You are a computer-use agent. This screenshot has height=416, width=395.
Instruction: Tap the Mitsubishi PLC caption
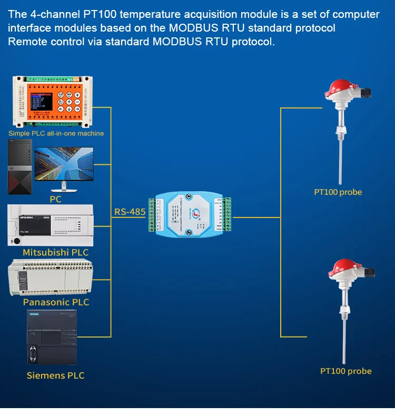pyautogui.click(x=55, y=252)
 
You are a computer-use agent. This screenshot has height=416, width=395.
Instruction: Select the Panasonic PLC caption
pyautogui.click(x=56, y=302)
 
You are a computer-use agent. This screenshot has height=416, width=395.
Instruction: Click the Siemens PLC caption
pyautogui.click(x=55, y=375)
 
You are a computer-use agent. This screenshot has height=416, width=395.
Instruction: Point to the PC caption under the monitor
pyautogui.click(x=55, y=200)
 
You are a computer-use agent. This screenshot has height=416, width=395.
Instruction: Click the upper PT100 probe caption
pyautogui.click(x=338, y=192)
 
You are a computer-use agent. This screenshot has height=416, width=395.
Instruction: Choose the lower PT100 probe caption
pyautogui.click(x=346, y=371)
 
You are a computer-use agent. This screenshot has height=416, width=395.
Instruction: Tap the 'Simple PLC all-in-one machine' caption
pyautogui.click(x=56, y=133)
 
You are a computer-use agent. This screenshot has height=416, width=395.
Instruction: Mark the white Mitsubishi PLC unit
pyautogui.click(x=51, y=224)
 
